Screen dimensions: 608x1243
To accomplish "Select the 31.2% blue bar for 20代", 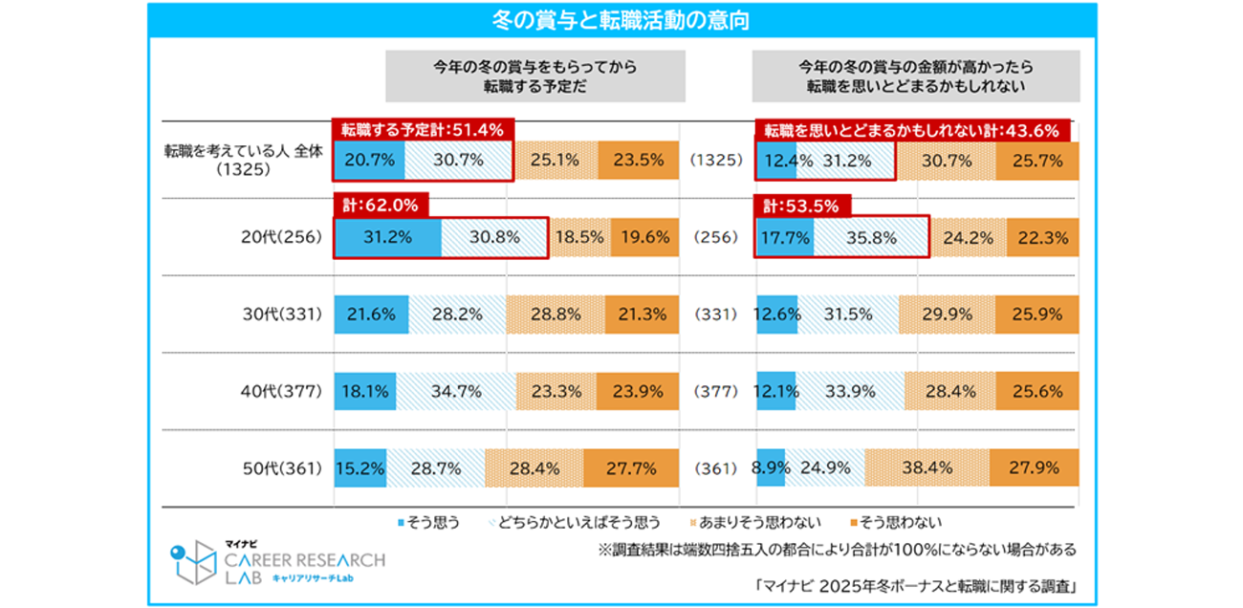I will (x=387, y=238).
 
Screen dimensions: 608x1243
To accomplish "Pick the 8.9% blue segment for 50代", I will (x=771, y=468).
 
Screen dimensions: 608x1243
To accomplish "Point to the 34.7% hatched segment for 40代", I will (x=456, y=391).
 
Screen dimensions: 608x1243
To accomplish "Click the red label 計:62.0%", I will (x=381, y=204).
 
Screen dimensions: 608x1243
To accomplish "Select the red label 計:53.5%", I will (x=802, y=204).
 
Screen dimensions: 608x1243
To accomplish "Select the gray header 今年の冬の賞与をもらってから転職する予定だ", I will (x=534, y=76).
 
